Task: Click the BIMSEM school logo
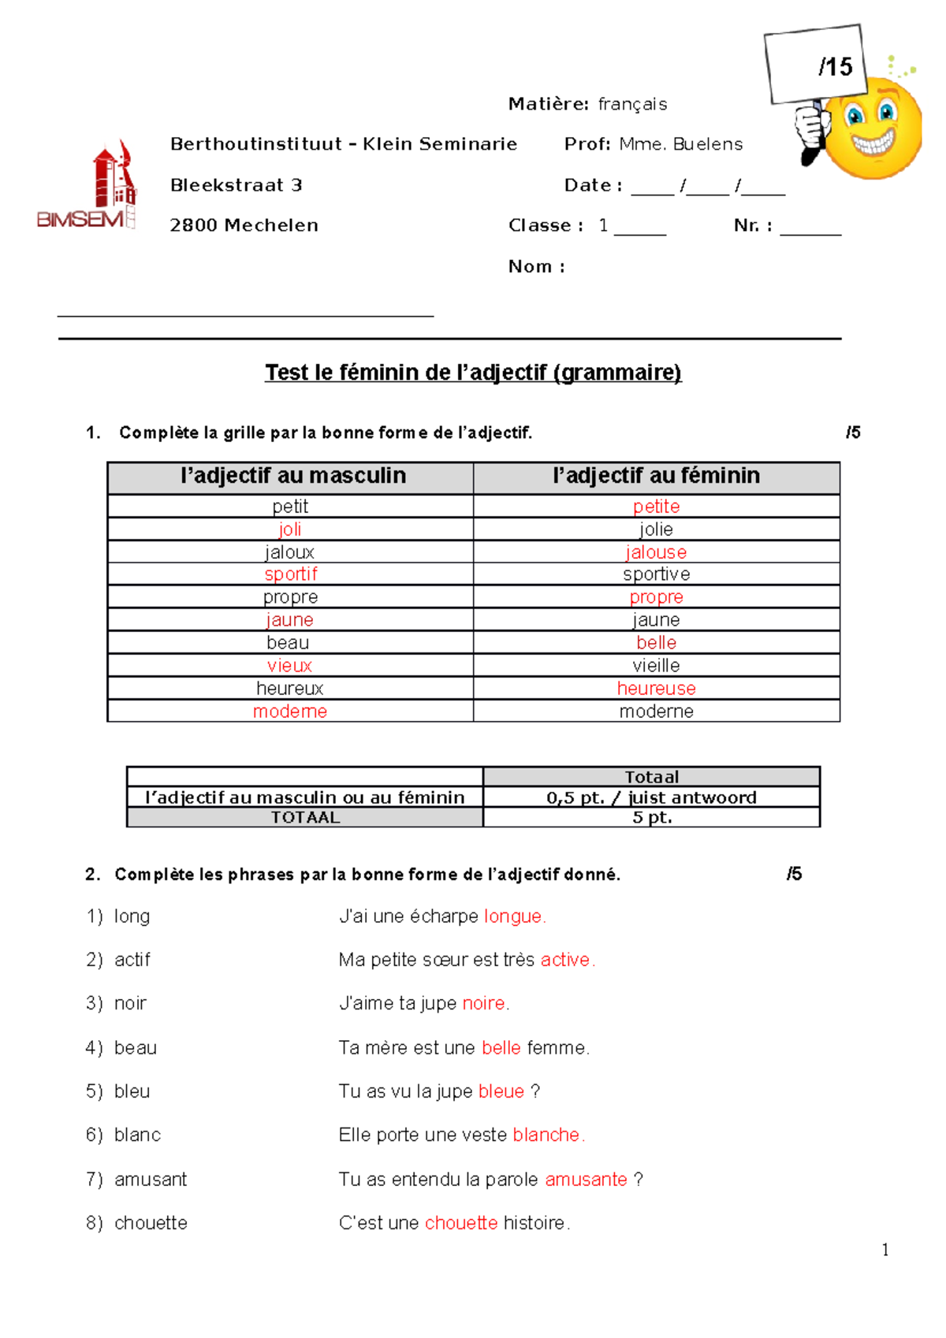click(x=88, y=188)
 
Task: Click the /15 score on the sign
click(x=835, y=67)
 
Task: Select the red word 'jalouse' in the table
click(x=656, y=552)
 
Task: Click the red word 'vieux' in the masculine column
click(x=289, y=666)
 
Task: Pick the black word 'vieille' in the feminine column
click(x=656, y=666)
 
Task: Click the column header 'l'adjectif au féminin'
click(x=656, y=476)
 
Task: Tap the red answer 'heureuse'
click(x=656, y=689)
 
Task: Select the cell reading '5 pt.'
click(x=651, y=817)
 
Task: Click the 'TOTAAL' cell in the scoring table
click(x=305, y=817)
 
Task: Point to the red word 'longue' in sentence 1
click(x=512, y=916)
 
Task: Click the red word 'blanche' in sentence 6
click(x=546, y=1135)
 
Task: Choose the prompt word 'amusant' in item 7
click(x=151, y=1180)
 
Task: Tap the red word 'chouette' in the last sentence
click(x=461, y=1223)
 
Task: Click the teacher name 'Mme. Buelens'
click(x=681, y=144)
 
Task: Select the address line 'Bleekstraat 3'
click(x=236, y=185)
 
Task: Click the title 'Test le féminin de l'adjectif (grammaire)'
click(x=473, y=372)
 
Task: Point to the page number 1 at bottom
click(x=885, y=1250)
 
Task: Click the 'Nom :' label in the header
click(x=536, y=266)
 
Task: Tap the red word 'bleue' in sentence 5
click(x=501, y=1091)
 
